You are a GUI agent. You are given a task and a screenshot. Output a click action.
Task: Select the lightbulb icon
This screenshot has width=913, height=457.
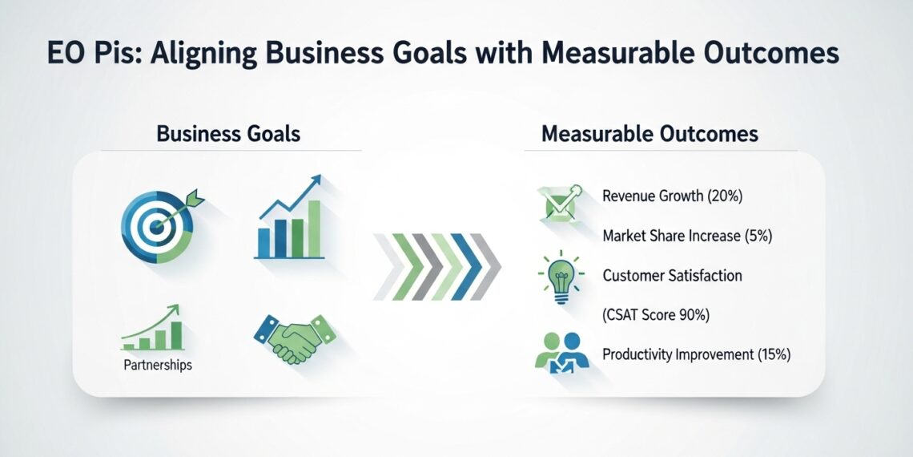pyautogui.click(x=560, y=277)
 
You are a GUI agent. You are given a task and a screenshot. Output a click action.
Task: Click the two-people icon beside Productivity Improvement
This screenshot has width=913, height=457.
pyautogui.click(x=562, y=353)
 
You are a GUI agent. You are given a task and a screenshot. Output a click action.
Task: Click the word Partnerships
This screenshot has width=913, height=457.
pyautogui.click(x=158, y=366)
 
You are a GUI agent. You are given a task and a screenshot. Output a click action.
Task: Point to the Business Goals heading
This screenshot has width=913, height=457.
pyautogui.click(x=228, y=134)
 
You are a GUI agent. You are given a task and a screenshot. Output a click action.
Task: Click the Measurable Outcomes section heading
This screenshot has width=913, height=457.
pyautogui.click(x=650, y=134)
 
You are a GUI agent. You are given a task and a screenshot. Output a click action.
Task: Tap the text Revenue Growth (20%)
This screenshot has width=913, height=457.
pyautogui.click(x=673, y=196)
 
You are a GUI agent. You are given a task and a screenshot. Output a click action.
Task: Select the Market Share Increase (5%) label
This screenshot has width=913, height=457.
pyautogui.click(x=687, y=236)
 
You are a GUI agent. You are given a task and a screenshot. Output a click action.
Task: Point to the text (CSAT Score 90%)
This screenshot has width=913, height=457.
pyautogui.click(x=656, y=315)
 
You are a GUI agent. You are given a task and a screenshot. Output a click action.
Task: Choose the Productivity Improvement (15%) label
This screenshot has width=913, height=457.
pyautogui.click(x=697, y=354)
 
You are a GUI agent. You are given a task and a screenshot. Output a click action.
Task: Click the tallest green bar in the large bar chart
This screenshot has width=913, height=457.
pyautogui.click(x=315, y=229)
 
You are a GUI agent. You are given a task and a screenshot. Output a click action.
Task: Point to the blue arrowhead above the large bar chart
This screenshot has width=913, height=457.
pyautogui.click(x=315, y=180)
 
